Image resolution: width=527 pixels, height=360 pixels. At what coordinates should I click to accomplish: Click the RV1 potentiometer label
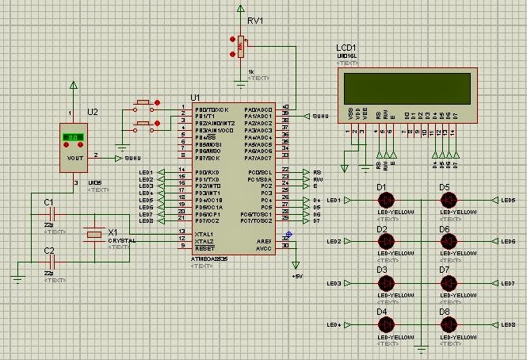[255, 21]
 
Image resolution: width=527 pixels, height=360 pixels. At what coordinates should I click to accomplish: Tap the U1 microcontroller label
[196, 98]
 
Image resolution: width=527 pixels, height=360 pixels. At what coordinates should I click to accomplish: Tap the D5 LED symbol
[447, 200]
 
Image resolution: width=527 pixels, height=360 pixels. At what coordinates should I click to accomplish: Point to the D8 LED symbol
[447, 325]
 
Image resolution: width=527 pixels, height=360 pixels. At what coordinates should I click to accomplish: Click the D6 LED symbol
[447, 241]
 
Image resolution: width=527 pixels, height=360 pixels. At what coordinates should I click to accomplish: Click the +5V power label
[297, 276]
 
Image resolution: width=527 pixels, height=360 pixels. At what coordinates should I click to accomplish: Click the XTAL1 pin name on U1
[204, 233]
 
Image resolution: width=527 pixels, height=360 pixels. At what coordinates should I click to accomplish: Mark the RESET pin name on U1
[204, 246]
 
